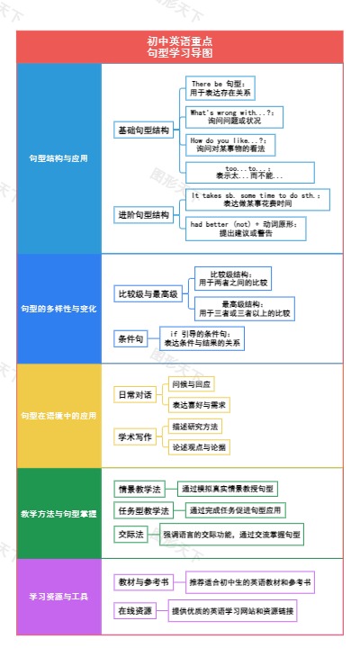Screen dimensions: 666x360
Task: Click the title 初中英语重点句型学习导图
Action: (x=180, y=47)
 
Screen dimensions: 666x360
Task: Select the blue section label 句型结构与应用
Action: (x=58, y=158)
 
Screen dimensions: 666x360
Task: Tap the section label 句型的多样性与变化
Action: (x=58, y=309)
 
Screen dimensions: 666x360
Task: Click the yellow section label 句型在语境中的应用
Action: (x=58, y=416)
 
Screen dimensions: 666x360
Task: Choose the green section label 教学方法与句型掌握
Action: (x=58, y=514)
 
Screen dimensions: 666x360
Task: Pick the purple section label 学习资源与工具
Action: (x=58, y=596)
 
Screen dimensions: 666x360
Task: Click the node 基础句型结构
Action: (x=143, y=130)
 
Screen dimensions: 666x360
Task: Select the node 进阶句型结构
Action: (x=143, y=215)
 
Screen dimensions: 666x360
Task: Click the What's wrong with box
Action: (x=233, y=116)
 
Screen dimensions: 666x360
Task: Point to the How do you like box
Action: (x=229, y=144)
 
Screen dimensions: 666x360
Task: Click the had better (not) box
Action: (x=246, y=228)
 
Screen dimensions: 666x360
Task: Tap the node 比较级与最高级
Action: (x=148, y=294)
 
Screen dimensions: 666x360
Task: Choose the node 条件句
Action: (x=130, y=339)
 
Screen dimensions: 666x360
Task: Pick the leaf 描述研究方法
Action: (x=195, y=426)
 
